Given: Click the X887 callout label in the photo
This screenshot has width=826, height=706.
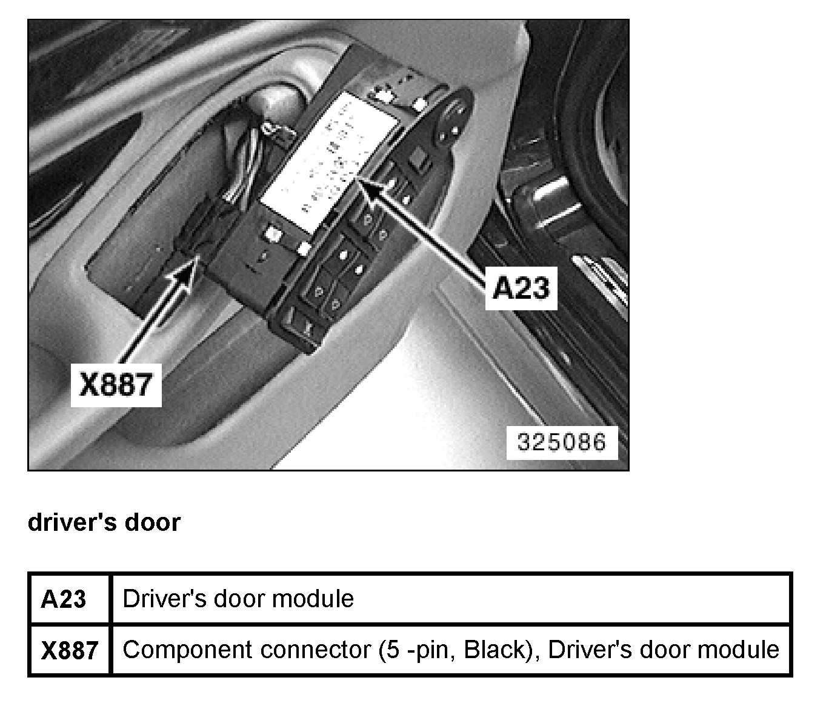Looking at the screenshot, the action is pos(116,384).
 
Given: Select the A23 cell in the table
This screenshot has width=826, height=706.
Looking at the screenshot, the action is pos(63,599).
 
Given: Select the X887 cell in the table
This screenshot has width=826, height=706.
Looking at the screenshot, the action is pos(69,650).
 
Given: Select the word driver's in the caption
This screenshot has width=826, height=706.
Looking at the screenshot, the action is pos(72,522).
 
